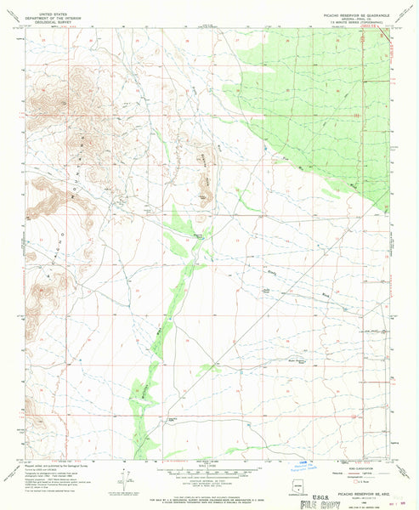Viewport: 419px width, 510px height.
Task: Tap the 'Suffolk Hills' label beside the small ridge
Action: coord(207,160)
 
